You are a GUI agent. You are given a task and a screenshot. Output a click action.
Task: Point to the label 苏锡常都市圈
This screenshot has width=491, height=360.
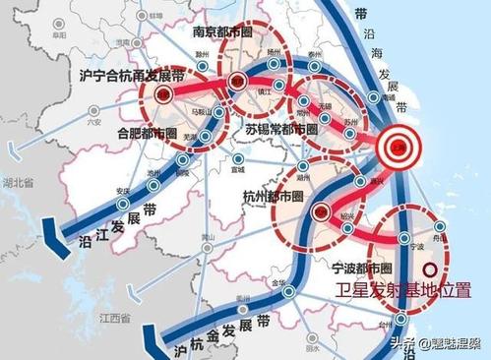pyautogui.click(x=280, y=129)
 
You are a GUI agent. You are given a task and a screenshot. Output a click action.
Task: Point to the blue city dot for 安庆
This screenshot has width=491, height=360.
pyautogui.click(x=123, y=205)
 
